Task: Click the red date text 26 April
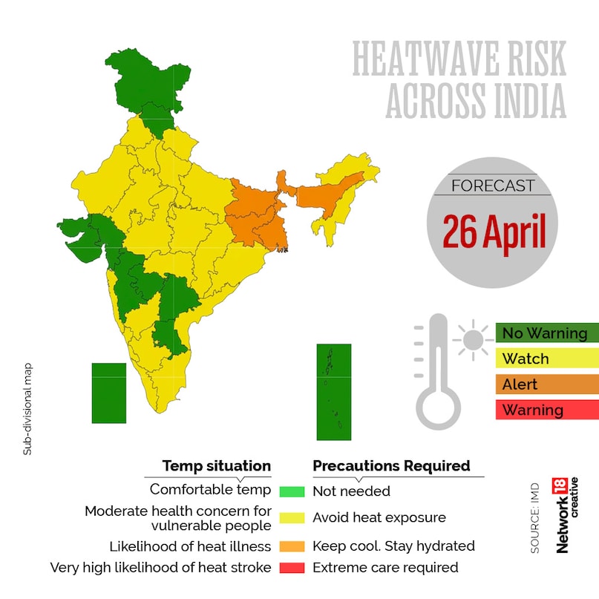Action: click(494, 232)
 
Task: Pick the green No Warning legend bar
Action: click(546, 333)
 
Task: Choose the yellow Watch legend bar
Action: click(546, 359)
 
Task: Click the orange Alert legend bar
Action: click(546, 384)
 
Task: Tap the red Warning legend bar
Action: click(546, 410)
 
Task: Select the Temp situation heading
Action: click(217, 466)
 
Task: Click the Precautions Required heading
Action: click(391, 466)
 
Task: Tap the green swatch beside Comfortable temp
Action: click(292, 491)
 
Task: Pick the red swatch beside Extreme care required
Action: click(292, 568)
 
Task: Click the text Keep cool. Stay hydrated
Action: click(393, 546)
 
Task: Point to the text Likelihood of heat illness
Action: click(190, 547)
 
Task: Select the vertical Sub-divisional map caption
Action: click(27, 408)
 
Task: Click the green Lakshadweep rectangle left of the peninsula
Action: click(108, 393)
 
